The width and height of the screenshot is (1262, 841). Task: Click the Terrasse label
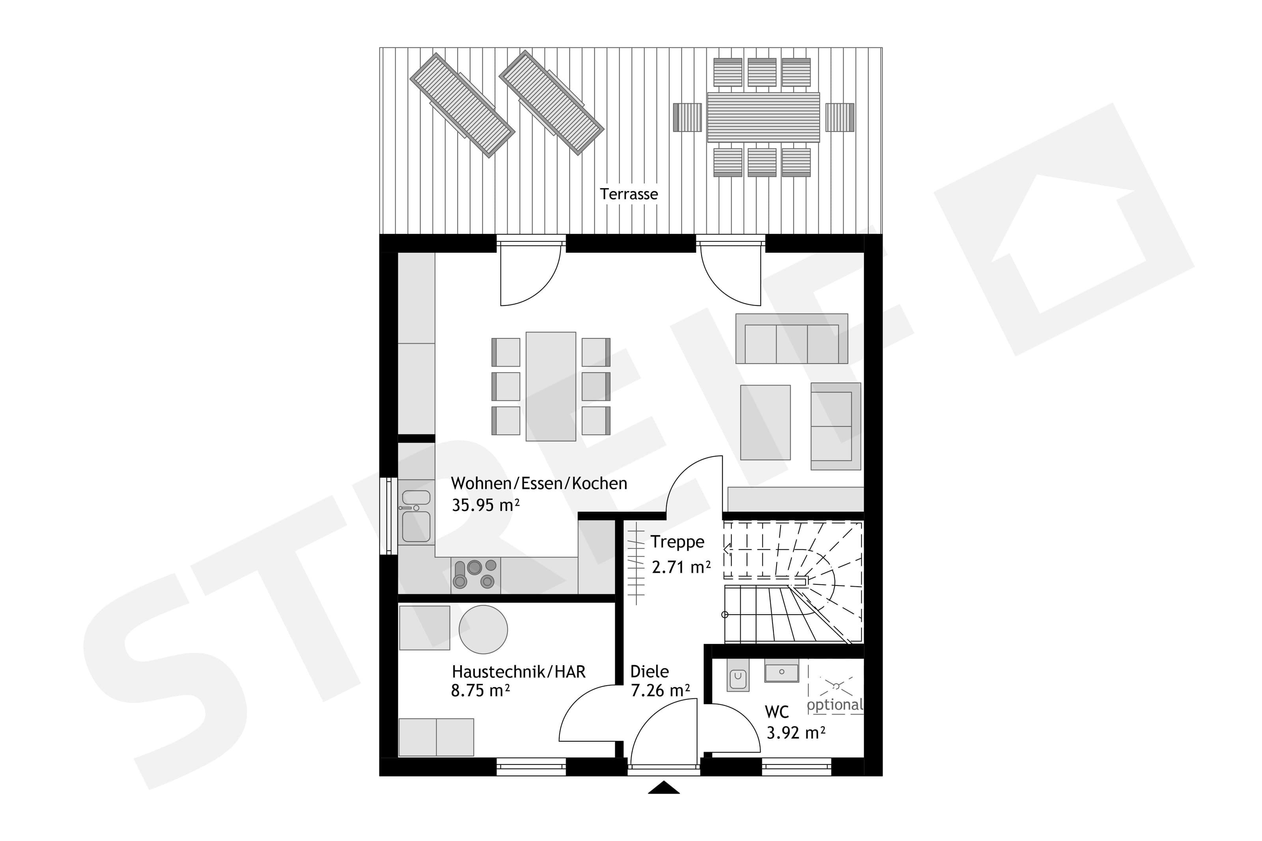[628, 194]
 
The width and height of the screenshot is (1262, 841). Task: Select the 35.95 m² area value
[485, 505]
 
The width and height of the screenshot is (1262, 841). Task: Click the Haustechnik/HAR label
[518, 671]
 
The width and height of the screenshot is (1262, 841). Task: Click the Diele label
[649, 671]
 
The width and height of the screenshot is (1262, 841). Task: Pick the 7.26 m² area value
[660, 691]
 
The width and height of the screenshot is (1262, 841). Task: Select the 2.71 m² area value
[681, 567]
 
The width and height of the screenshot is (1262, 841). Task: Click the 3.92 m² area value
[795, 733]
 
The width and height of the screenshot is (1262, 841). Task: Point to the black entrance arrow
[663, 787]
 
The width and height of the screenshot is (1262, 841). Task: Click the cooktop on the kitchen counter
[475, 574]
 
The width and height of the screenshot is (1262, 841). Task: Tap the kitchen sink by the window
[416, 516]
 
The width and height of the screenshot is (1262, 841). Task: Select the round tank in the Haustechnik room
[483, 630]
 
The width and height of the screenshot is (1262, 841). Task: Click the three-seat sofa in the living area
[791, 339]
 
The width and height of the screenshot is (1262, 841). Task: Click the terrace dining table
[763, 117]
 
